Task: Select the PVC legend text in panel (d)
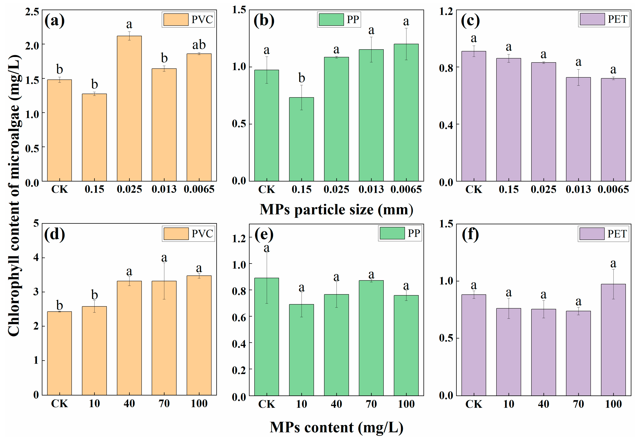202,234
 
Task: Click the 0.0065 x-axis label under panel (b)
406,189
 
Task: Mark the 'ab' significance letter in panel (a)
199,45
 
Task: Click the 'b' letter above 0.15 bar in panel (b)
302,78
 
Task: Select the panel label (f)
470,234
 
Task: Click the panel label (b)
264,21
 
